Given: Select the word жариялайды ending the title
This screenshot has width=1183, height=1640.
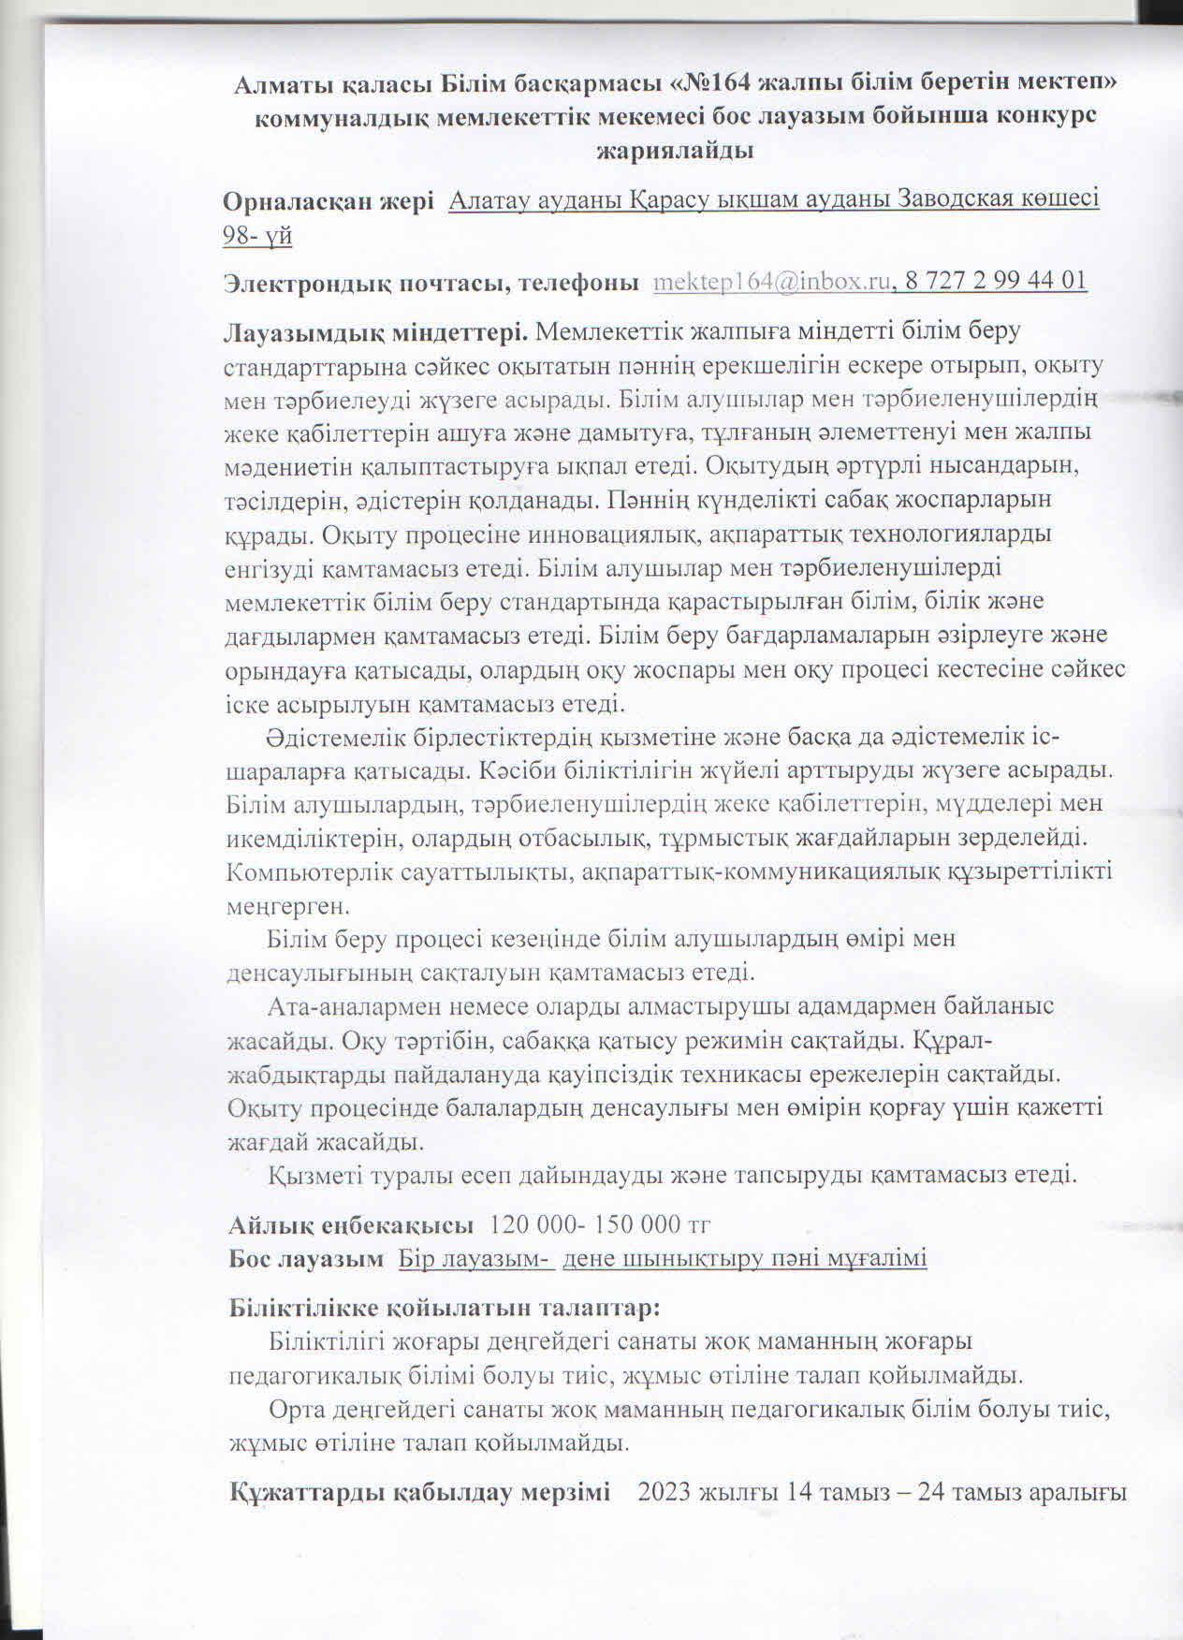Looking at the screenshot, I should click(675, 149).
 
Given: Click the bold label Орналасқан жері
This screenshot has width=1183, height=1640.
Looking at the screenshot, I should click(328, 200).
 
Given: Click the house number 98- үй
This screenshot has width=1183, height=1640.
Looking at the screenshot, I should click(257, 235).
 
